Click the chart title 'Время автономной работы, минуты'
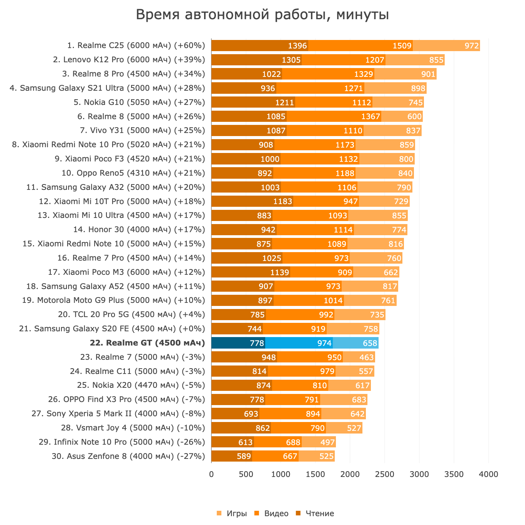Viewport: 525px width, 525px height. (x=262, y=15)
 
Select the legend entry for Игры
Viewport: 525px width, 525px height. (x=232, y=513)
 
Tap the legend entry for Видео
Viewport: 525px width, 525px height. (x=272, y=513)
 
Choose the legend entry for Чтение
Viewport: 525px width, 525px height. (x=315, y=513)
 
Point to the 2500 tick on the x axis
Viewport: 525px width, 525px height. (x=384, y=475)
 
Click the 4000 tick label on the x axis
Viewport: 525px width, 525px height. (x=488, y=475)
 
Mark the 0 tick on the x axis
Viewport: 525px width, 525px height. (x=211, y=475)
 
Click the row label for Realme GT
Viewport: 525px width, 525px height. (x=148, y=343)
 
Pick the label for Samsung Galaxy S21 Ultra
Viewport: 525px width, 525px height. (x=107, y=88)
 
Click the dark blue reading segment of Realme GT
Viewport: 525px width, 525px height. (x=238, y=343)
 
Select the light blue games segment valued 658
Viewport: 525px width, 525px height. (x=356, y=343)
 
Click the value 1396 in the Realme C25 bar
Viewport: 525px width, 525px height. (x=297, y=46)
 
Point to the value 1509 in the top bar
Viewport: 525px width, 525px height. (x=402, y=46)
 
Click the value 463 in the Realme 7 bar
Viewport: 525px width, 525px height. (x=366, y=357)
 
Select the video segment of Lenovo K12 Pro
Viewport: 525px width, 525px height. (x=344, y=60)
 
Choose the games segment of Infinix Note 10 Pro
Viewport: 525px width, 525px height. (x=319, y=442)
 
